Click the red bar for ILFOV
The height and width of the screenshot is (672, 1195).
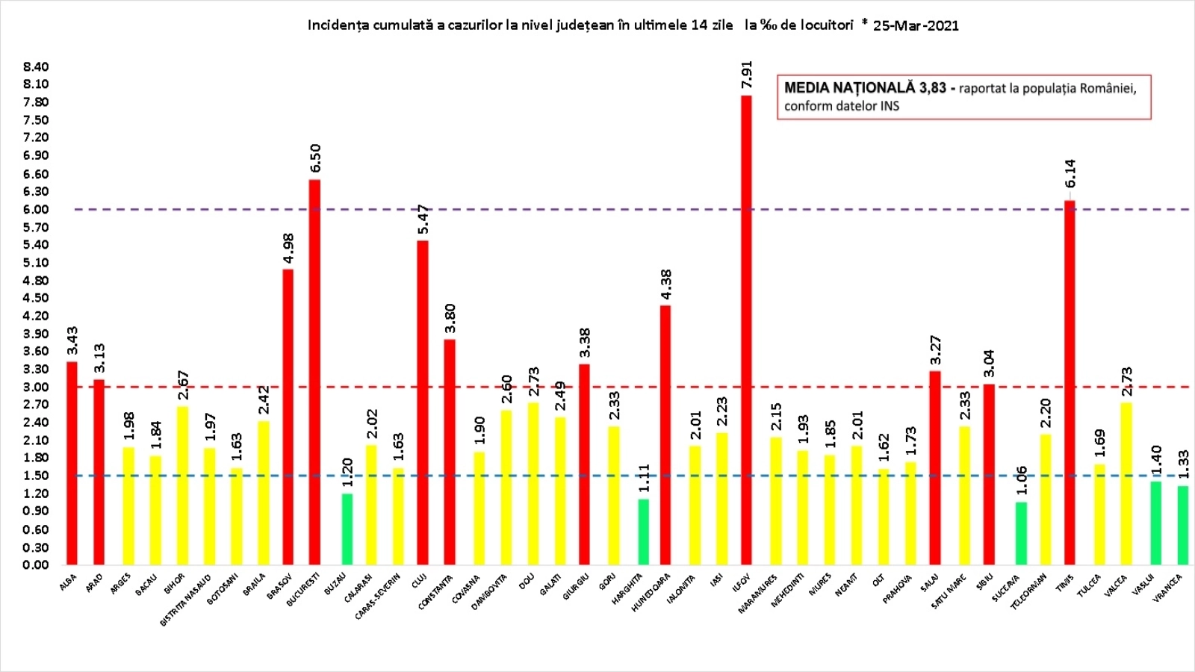[746, 329]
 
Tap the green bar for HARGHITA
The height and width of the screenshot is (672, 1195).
[643, 531]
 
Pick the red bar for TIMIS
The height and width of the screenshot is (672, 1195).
[1070, 382]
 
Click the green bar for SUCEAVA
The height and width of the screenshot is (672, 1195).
[1021, 532]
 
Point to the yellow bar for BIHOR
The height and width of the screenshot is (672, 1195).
[182, 485]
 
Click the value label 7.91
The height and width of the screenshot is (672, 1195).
[746, 75]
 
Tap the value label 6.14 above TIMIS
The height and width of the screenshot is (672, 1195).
[1070, 173]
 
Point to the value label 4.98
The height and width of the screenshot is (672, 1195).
[288, 249]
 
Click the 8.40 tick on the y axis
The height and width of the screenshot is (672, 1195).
[36, 66]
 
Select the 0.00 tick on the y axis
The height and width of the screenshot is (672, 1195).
[36, 564]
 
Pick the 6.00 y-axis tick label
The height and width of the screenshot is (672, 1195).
[36, 209]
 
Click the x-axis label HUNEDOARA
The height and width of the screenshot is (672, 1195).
[652, 592]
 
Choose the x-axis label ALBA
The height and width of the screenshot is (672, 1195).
[69, 582]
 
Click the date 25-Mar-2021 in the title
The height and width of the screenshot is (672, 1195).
[916, 25]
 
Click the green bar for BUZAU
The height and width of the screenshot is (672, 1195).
[347, 529]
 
